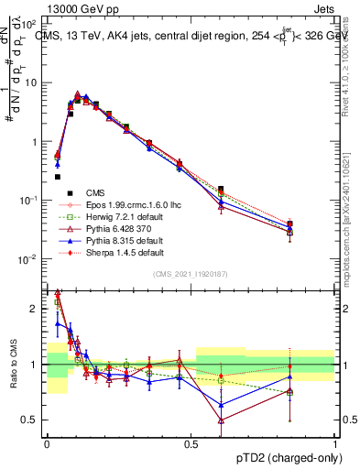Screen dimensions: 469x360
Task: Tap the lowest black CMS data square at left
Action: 58,177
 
